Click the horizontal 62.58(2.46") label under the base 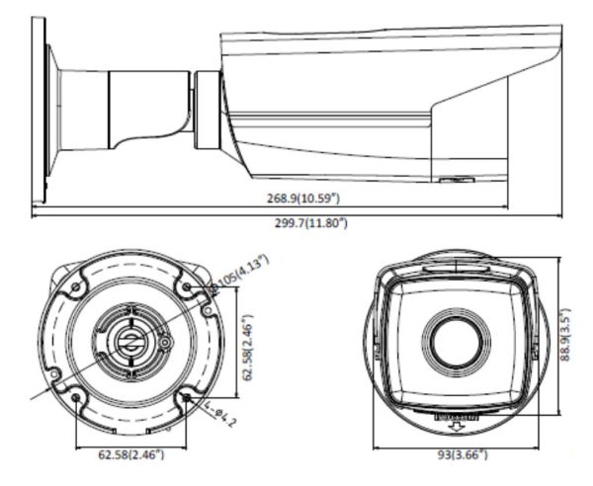pyautogui.click(x=131, y=455)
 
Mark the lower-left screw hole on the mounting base pyautogui.click(x=77, y=397)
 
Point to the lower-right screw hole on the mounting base pyautogui.click(x=188, y=398)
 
